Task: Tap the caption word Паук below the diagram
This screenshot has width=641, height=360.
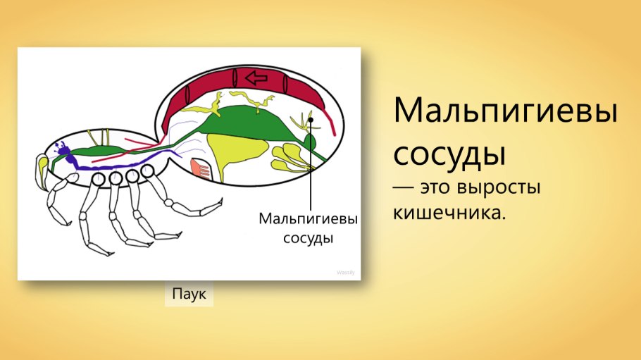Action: pyautogui.click(x=189, y=294)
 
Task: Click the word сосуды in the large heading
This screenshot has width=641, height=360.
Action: pyautogui.click(x=449, y=153)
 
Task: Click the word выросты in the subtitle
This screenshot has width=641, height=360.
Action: pyautogui.click(x=506, y=189)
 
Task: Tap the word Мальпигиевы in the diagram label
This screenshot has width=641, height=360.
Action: pyautogui.click(x=308, y=219)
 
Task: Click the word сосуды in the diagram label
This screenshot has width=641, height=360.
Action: pyautogui.click(x=308, y=237)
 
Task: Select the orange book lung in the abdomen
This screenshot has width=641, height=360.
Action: pyautogui.click(x=201, y=168)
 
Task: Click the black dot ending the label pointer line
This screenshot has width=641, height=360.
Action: pyautogui.click(x=311, y=120)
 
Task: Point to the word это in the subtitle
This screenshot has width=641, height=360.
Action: pyautogui.click(x=437, y=189)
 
